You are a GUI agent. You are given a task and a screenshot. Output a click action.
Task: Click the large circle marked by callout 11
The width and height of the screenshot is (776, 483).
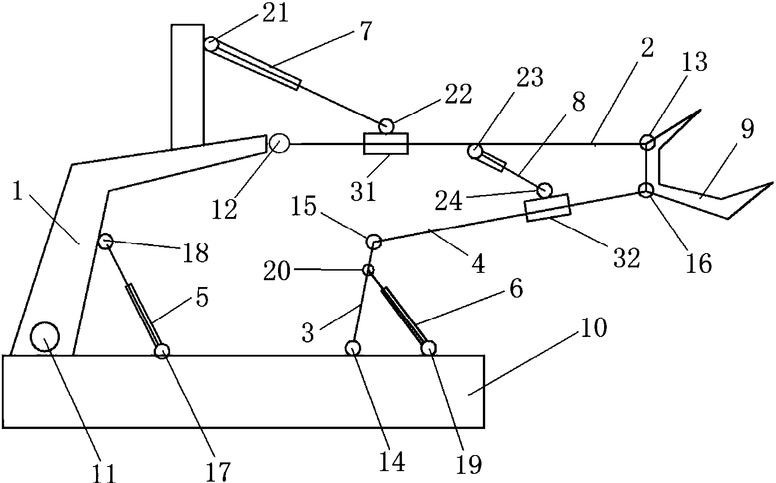pyautogui.click(x=45, y=336)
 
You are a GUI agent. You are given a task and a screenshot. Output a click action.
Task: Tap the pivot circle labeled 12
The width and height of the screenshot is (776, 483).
pyautogui.click(x=279, y=143)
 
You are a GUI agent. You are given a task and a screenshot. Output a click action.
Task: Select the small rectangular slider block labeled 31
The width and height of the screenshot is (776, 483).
pyautogui.click(x=385, y=144)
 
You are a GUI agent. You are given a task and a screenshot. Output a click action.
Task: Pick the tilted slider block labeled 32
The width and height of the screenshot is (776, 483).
pyautogui.click(x=547, y=207)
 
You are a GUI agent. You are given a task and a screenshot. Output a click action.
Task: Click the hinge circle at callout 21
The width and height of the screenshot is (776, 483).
pyautogui.click(x=211, y=44)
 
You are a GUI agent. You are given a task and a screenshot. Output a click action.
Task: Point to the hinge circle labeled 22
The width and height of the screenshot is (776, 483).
pyautogui.click(x=386, y=126)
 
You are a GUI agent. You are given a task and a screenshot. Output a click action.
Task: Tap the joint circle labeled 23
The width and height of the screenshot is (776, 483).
pyautogui.click(x=475, y=151)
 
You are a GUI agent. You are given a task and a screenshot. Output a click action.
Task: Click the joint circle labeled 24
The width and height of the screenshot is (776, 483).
pyautogui.click(x=544, y=190)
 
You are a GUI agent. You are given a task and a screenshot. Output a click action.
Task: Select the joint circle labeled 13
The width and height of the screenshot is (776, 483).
pyautogui.click(x=647, y=142)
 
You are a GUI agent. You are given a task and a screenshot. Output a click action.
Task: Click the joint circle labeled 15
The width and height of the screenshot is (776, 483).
pyautogui.click(x=374, y=242)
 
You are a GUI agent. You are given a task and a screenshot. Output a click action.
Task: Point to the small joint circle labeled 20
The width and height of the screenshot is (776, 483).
pyautogui.click(x=368, y=269)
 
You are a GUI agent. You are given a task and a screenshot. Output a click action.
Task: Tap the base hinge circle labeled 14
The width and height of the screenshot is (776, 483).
pyautogui.click(x=353, y=348)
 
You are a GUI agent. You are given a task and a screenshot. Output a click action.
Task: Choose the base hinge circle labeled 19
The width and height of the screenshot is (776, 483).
pyautogui.click(x=428, y=348)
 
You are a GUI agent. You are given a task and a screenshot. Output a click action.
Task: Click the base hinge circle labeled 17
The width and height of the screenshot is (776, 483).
pyautogui.click(x=162, y=351)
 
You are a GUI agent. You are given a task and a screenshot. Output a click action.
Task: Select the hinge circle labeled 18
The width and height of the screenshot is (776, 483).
pyautogui.click(x=105, y=241)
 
